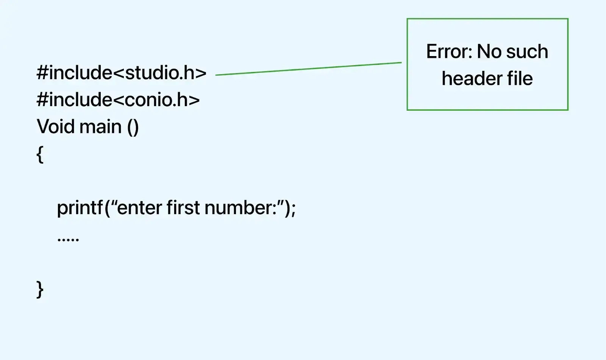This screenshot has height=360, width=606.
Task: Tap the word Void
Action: pyautogui.click(x=53, y=127)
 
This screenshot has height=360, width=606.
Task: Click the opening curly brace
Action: pyautogui.click(x=40, y=155)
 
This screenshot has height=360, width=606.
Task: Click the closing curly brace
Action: pyautogui.click(x=40, y=290)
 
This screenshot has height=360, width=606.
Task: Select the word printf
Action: pyautogui.click(x=80, y=208)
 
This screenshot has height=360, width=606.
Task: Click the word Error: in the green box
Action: pyautogui.click(x=449, y=52)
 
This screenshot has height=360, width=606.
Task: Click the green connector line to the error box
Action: pyautogui.click(x=308, y=69)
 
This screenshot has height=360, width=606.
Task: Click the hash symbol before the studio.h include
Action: pyautogui.click(x=42, y=72)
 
